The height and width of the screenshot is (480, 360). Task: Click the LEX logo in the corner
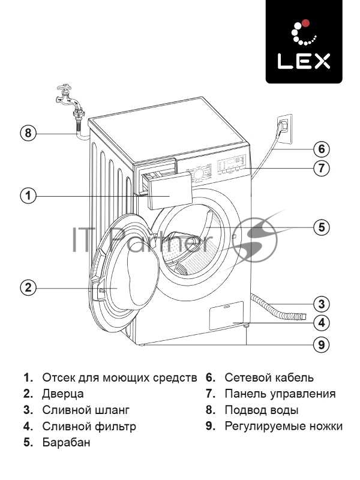click(x=304, y=41)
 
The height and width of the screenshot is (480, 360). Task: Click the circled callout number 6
click(x=322, y=148)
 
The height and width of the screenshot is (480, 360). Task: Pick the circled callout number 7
click(x=322, y=168)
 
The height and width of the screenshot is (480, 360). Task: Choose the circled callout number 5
click(x=322, y=227)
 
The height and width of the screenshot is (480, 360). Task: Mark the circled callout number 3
click(x=322, y=303)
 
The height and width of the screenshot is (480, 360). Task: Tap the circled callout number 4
click(x=322, y=322)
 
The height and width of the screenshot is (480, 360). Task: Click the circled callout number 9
click(x=322, y=344)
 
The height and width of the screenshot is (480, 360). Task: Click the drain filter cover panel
click(x=226, y=316)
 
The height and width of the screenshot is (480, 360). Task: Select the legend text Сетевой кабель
click(x=269, y=378)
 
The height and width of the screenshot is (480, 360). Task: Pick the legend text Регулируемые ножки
click(x=283, y=427)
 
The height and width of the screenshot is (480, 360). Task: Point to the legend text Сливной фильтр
click(x=89, y=427)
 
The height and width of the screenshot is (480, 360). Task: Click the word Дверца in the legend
click(x=63, y=394)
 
